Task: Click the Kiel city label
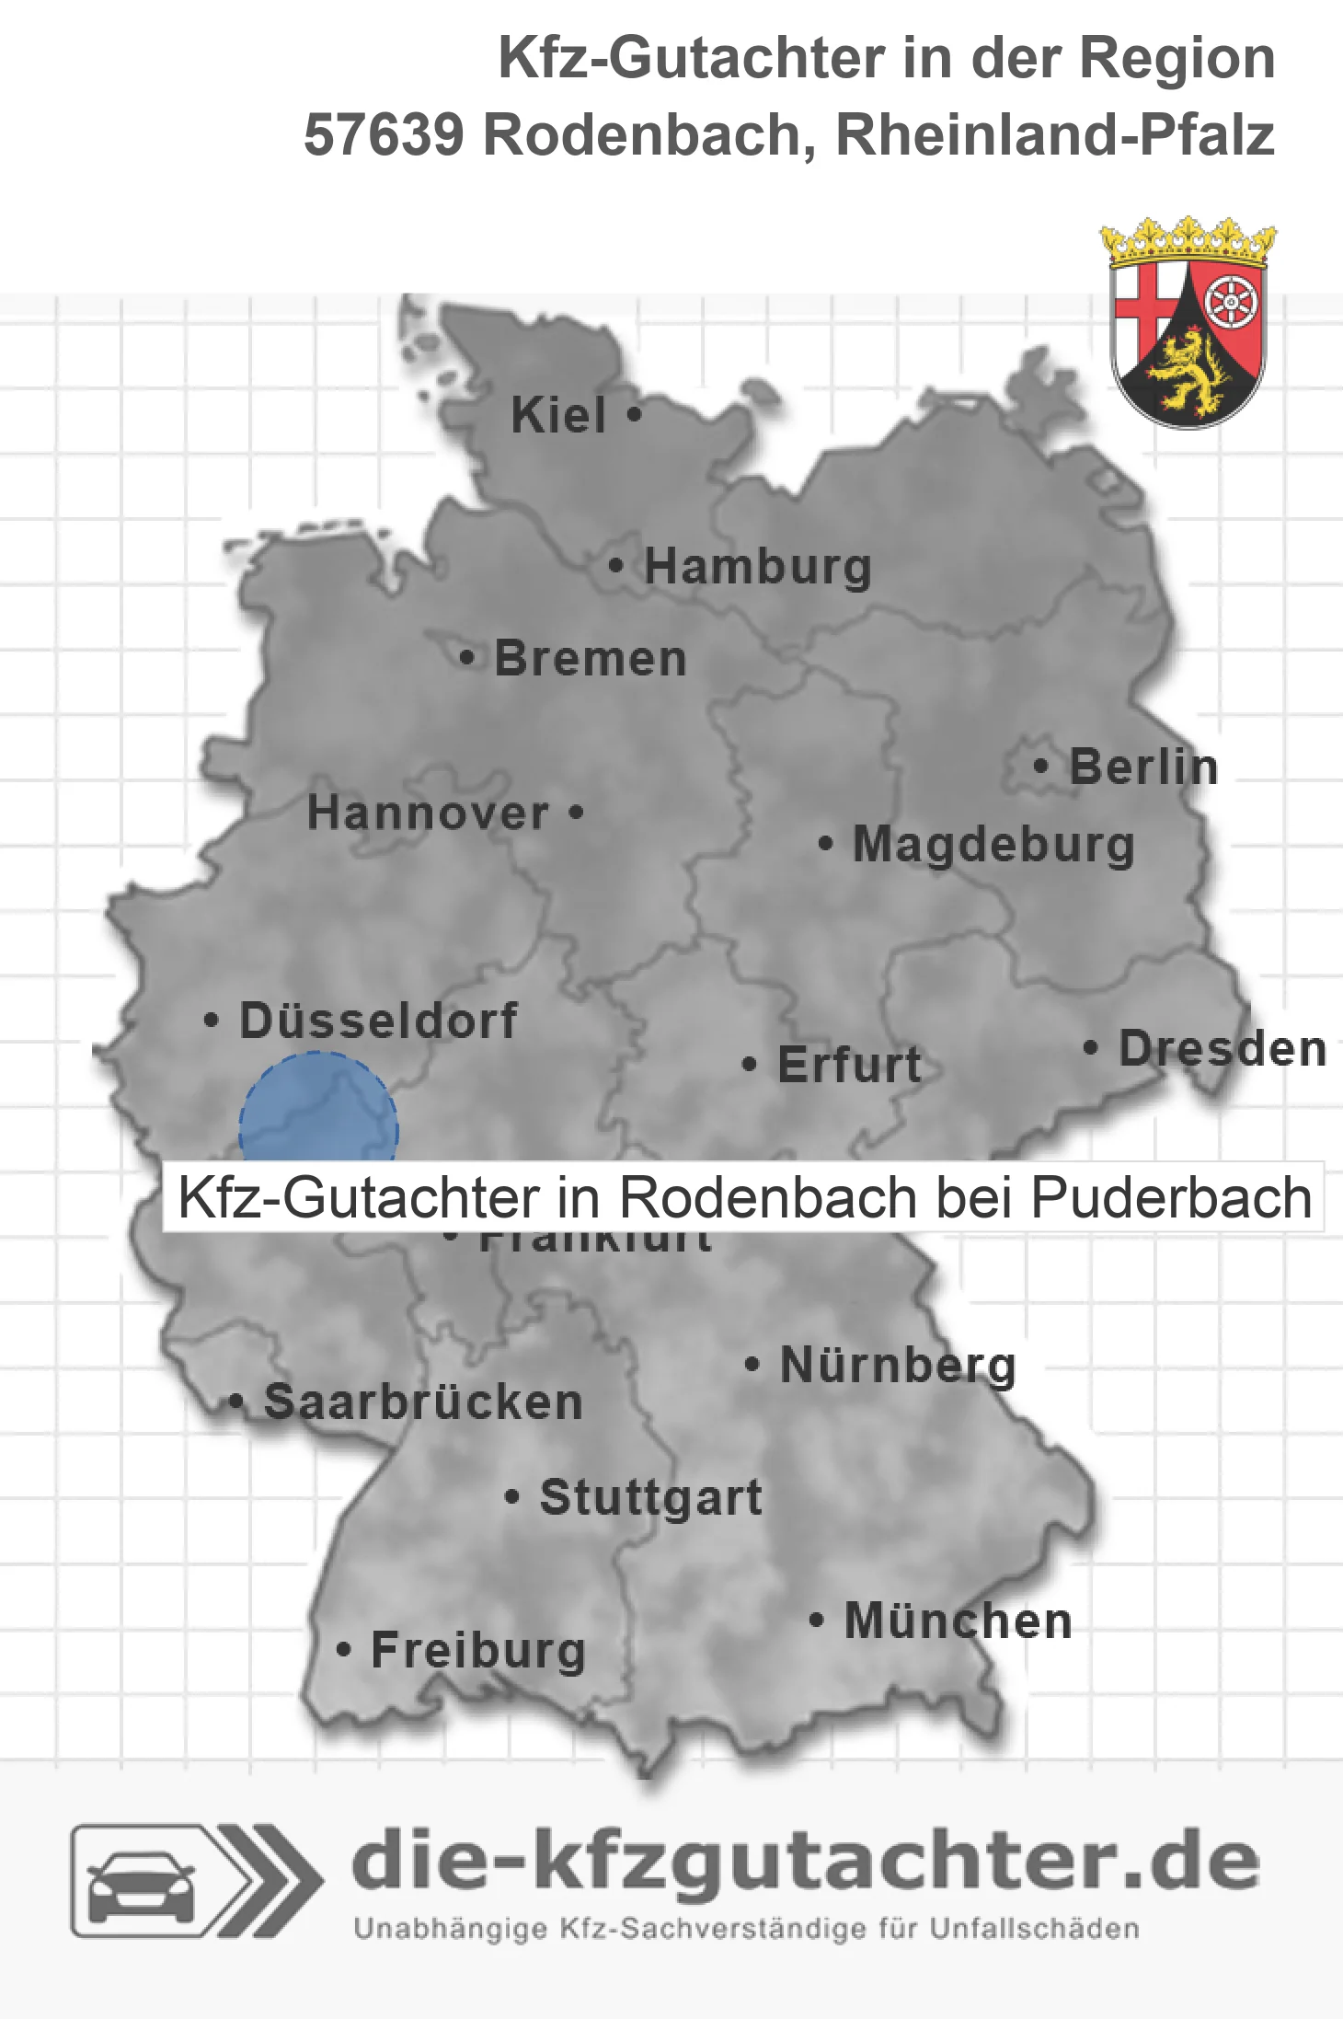click(558, 415)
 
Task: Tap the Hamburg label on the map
click(757, 566)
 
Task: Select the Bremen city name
click(591, 659)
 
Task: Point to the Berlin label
click(1143, 767)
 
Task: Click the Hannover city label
click(428, 813)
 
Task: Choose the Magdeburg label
click(993, 844)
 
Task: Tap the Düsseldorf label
click(378, 1021)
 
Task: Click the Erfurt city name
click(849, 1065)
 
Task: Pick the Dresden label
click(1222, 1048)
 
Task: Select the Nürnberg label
click(898, 1365)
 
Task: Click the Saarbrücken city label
click(423, 1402)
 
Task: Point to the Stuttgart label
click(650, 1497)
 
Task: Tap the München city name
click(958, 1621)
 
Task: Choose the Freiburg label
click(477, 1650)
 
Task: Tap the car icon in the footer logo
click(141, 1881)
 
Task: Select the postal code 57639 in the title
click(384, 135)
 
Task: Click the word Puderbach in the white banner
click(1171, 1197)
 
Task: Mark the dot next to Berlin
click(1040, 766)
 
